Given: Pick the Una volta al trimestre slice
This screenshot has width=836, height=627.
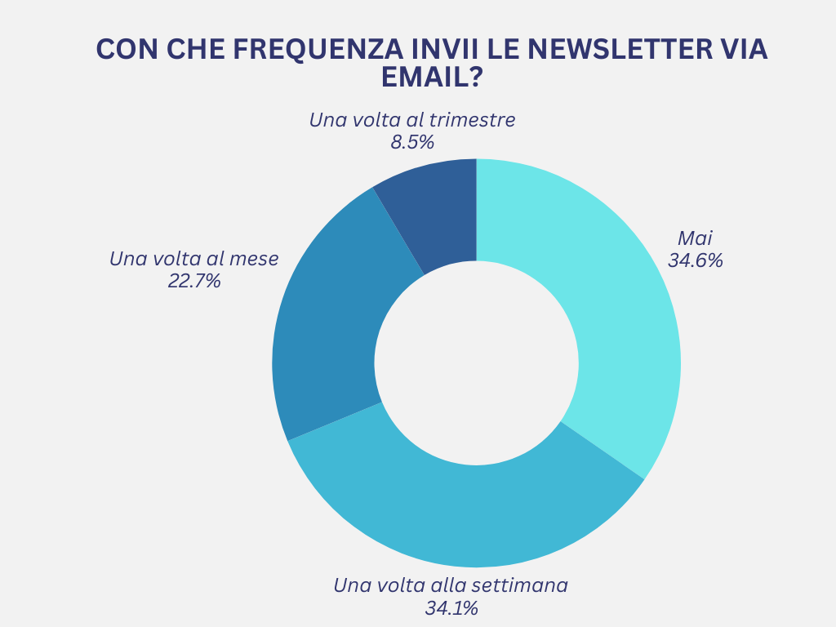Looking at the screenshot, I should pos(437,208).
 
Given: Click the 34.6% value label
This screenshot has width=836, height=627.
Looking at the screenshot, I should pos(696,261).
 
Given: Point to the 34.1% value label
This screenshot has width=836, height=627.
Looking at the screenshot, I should pos(451,607).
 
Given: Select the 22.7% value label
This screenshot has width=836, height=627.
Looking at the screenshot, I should pos(194,282).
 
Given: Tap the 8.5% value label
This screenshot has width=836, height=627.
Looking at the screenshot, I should pos(412,142).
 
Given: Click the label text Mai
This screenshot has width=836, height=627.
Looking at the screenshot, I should pos(696,239).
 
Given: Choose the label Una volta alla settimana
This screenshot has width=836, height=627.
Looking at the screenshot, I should pos(451,585).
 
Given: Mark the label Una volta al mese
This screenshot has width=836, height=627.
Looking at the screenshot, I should pos(194,259).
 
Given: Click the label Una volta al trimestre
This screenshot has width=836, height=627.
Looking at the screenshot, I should pos(412,120).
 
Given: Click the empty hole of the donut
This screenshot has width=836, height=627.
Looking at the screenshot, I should pos(476,362).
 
